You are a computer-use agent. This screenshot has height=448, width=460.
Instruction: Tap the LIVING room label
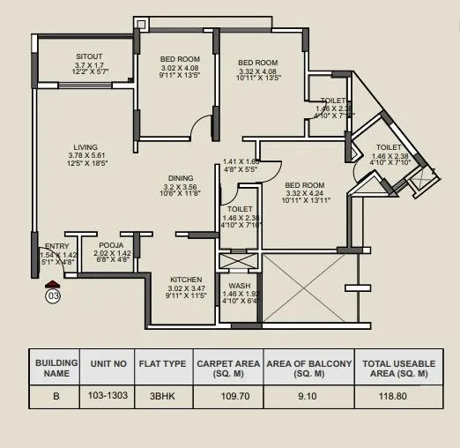pos(86,147)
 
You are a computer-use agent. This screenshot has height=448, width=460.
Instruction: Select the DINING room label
pos(181,178)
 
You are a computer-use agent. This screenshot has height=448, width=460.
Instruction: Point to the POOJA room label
pos(111,244)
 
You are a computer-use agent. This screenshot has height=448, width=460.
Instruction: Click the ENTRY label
pos(56,245)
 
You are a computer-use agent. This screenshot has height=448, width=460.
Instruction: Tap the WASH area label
pos(239,287)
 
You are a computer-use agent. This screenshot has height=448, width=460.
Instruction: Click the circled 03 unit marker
pos(53,296)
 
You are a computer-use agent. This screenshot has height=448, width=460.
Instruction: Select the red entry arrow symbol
pos(53,284)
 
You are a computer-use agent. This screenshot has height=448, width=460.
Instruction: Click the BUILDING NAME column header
pos(56,368)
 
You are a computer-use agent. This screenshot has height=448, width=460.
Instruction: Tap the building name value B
pos(56,397)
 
